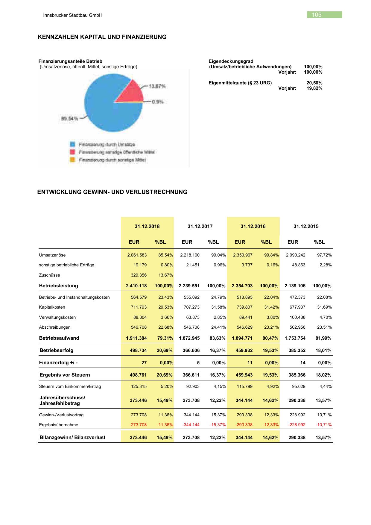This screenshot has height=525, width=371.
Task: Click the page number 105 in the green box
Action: tap(317, 15)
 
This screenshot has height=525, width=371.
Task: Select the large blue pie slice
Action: tap(105, 111)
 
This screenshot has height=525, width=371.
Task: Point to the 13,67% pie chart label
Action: tap(157, 86)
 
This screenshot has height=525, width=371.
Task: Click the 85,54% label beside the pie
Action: tap(69, 119)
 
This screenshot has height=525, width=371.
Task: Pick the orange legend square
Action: tap(72, 160)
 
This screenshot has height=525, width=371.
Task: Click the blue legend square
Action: tap(72, 145)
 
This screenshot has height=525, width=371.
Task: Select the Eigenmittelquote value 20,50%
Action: tap(314, 83)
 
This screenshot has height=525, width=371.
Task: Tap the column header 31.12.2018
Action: tap(147, 226)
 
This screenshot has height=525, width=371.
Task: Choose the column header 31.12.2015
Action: tap(306, 226)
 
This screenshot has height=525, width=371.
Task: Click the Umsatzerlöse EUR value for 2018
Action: tap(137, 255)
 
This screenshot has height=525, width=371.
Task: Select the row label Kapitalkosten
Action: tap(52, 307)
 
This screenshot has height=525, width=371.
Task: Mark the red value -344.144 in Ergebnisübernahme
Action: tap(191, 425)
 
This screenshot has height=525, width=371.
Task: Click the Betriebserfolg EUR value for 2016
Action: tap(244, 350)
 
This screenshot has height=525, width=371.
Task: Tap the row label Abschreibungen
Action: tap(55, 327)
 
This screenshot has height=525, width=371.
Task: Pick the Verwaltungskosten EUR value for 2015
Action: tap(297, 317)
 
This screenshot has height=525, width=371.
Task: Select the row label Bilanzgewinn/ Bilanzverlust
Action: tap(72, 437)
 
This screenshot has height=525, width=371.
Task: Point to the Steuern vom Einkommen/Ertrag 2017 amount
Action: tap(193, 386)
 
